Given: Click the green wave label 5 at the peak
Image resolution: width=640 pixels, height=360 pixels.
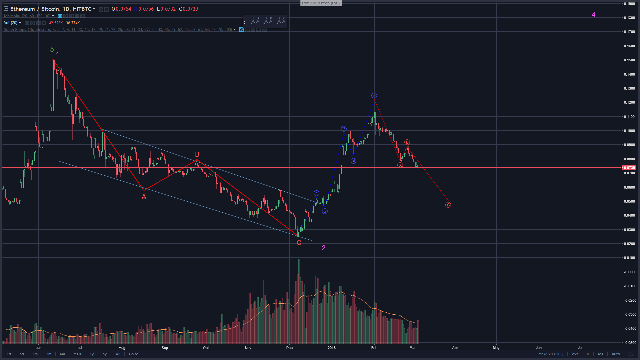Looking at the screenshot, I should [x=52, y=49].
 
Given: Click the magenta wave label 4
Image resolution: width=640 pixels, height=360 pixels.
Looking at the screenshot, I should [x=593, y=15].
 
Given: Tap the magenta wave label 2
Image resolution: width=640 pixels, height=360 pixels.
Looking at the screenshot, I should [x=323, y=248].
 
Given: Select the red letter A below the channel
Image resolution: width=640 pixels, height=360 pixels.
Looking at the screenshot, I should [x=144, y=197].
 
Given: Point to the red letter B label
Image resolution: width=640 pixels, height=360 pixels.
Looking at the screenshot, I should [x=197, y=154].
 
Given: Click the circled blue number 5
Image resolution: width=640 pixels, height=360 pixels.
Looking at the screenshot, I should [x=374, y=96].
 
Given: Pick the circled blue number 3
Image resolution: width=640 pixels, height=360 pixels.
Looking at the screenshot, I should [x=344, y=129].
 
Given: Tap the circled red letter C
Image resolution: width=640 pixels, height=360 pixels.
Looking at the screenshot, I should [x=448, y=205].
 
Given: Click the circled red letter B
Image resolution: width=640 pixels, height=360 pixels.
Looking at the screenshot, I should [x=407, y=142].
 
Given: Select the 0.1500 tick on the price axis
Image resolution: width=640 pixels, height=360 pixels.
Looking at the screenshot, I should [x=629, y=60].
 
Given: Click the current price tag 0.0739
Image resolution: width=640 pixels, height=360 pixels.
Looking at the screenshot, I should [x=629, y=168].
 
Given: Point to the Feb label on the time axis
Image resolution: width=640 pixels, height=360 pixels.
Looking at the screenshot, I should [x=374, y=348].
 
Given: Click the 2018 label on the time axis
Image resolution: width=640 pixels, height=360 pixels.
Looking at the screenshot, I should [x=332, y=348].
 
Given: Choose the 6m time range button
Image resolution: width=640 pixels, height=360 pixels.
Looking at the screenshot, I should [x=62, y=354].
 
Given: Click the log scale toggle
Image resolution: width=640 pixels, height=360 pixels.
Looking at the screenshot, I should [x=600, y=354].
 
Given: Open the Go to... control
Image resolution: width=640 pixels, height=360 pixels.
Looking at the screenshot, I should [x=135, y=354].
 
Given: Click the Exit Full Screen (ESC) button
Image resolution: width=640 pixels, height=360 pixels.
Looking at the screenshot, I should [x=321, y=3].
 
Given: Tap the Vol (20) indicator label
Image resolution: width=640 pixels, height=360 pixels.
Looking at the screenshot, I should [x=11, y=23].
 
